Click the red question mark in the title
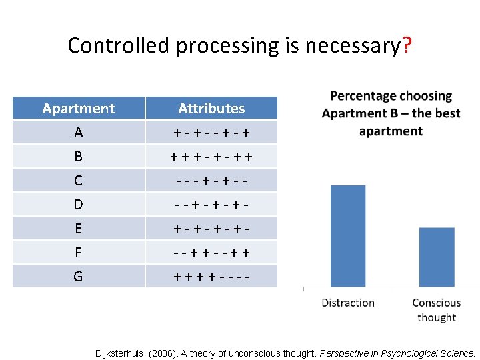click(407, 46)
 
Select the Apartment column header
click(78, 109)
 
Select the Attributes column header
click(211, 109)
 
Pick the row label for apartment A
click(78, 133)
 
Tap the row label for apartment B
click(78, 157)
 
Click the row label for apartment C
click(78, 181)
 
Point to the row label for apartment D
click(78, 204)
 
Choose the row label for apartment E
click(78, 228)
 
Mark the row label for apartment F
click(78, 252)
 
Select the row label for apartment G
click(78, 276)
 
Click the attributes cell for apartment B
click(211, 157)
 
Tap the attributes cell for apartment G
click(211, 276)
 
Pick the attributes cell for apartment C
click(211, 181)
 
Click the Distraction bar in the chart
click(348, 237)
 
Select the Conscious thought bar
click(437, 257)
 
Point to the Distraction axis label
click(348, 303)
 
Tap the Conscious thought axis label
click(437, 310)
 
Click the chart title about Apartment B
click(391, 113)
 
